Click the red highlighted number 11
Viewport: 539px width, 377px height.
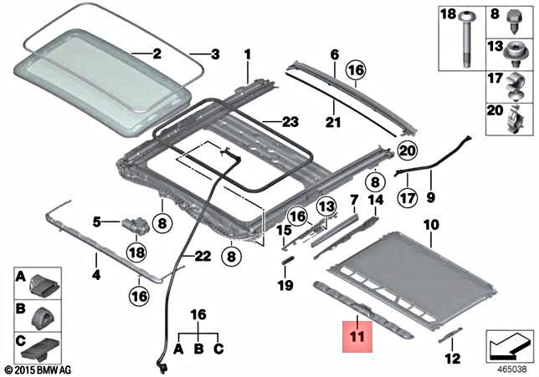point(357,338)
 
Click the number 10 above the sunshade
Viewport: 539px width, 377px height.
point(430,224)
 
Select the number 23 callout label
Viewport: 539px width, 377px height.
point(290,122)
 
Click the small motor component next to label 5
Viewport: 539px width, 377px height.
point(134,223)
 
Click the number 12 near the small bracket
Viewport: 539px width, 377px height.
point(454,359)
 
